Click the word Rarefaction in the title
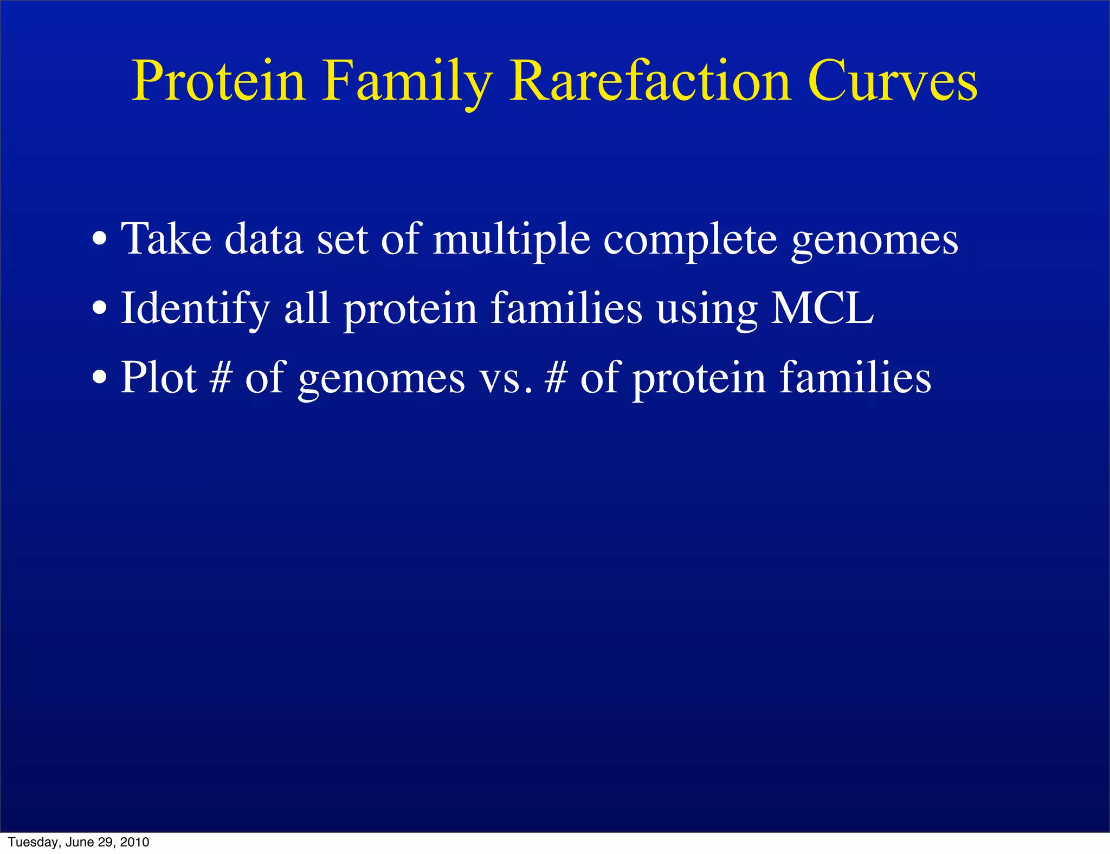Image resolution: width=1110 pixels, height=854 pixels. (650, 81)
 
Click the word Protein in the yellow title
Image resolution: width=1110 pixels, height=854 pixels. (218, 81)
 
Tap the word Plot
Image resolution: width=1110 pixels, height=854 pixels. (158, 377)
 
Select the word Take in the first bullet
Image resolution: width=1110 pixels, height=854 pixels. (166, 238)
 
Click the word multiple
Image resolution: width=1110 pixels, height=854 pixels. (511, 240)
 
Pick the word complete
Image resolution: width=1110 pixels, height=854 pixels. (690, 240)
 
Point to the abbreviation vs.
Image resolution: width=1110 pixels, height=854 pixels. (506, 378)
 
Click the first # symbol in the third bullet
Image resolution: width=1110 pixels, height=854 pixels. (221, 377)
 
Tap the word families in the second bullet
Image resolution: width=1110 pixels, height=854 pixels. (566, 308)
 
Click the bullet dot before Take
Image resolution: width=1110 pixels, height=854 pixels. (99, 238)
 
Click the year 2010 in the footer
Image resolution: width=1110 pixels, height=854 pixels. (134, 842)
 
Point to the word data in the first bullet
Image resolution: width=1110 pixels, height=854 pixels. (264, 238)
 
